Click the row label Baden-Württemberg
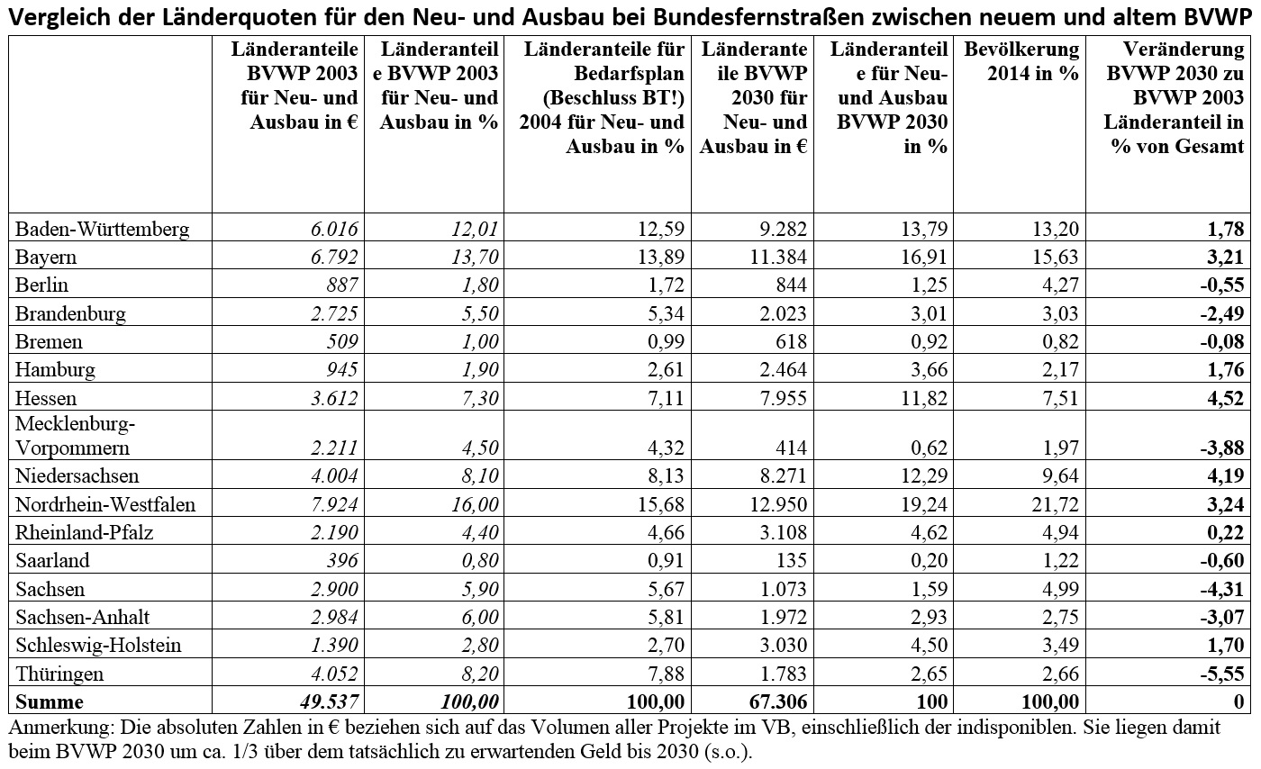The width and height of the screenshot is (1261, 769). tap(103, 230)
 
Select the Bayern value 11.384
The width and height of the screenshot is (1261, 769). tap(778, 258)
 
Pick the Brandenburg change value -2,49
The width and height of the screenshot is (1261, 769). tap(1221, 313)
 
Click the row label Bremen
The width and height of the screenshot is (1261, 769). tap(49, 341)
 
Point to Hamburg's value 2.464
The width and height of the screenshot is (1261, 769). tap(783, 370)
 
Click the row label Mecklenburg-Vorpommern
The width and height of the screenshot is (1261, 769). tap(76, 436)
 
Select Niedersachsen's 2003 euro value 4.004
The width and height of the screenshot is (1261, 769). tap(334, 476)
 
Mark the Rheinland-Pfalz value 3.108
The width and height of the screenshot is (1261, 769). tap(783, 532)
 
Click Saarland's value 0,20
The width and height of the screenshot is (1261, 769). tap(930, 561)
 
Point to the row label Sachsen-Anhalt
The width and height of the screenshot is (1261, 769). tap(82, 618)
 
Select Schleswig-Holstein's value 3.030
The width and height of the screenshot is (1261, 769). tap(783, 645)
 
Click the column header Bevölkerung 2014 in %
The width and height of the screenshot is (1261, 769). tap(1021, 61)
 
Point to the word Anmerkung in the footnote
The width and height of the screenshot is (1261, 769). tap(61, 728)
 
